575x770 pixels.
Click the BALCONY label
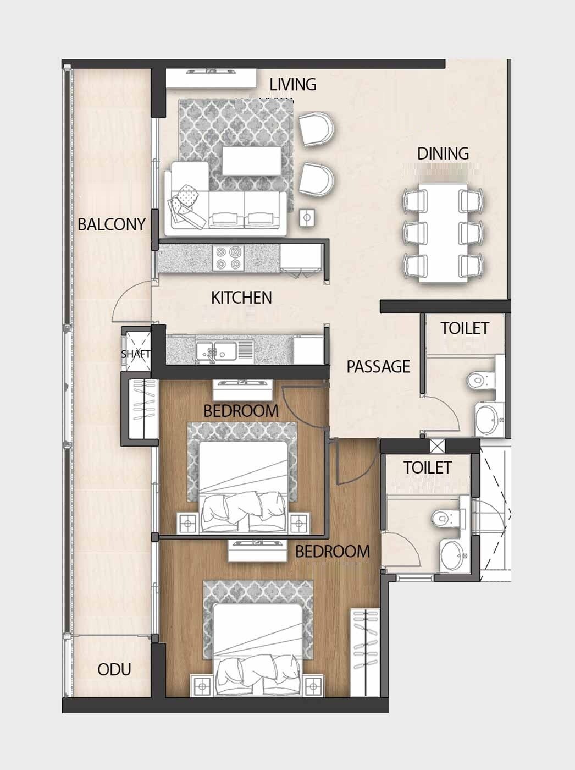(112, 224)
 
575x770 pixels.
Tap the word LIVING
(292, 84)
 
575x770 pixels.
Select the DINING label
(443, 153)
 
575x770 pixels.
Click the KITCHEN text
(241, 298)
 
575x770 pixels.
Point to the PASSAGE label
(378, 367)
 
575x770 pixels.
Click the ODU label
(114, 669)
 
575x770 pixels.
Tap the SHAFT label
(135, 354)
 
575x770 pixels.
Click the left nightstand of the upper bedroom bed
(186, 523)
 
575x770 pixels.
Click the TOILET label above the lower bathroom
(427, 468)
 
